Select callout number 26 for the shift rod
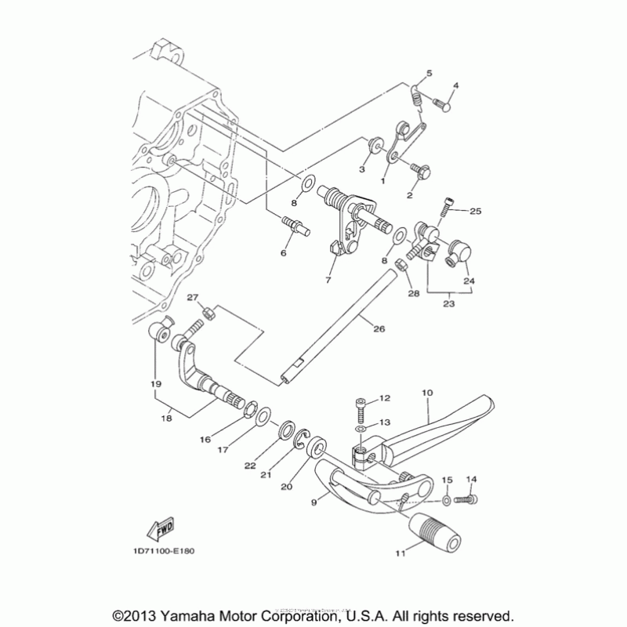(x=379, y=329)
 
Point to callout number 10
(x=427, y=390)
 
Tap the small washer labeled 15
(x=447, y=498)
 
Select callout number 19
(x=155, y=384)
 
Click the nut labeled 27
(x=209, y=313)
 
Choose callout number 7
(x=328, y=279)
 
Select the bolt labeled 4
(x=442, y=104)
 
